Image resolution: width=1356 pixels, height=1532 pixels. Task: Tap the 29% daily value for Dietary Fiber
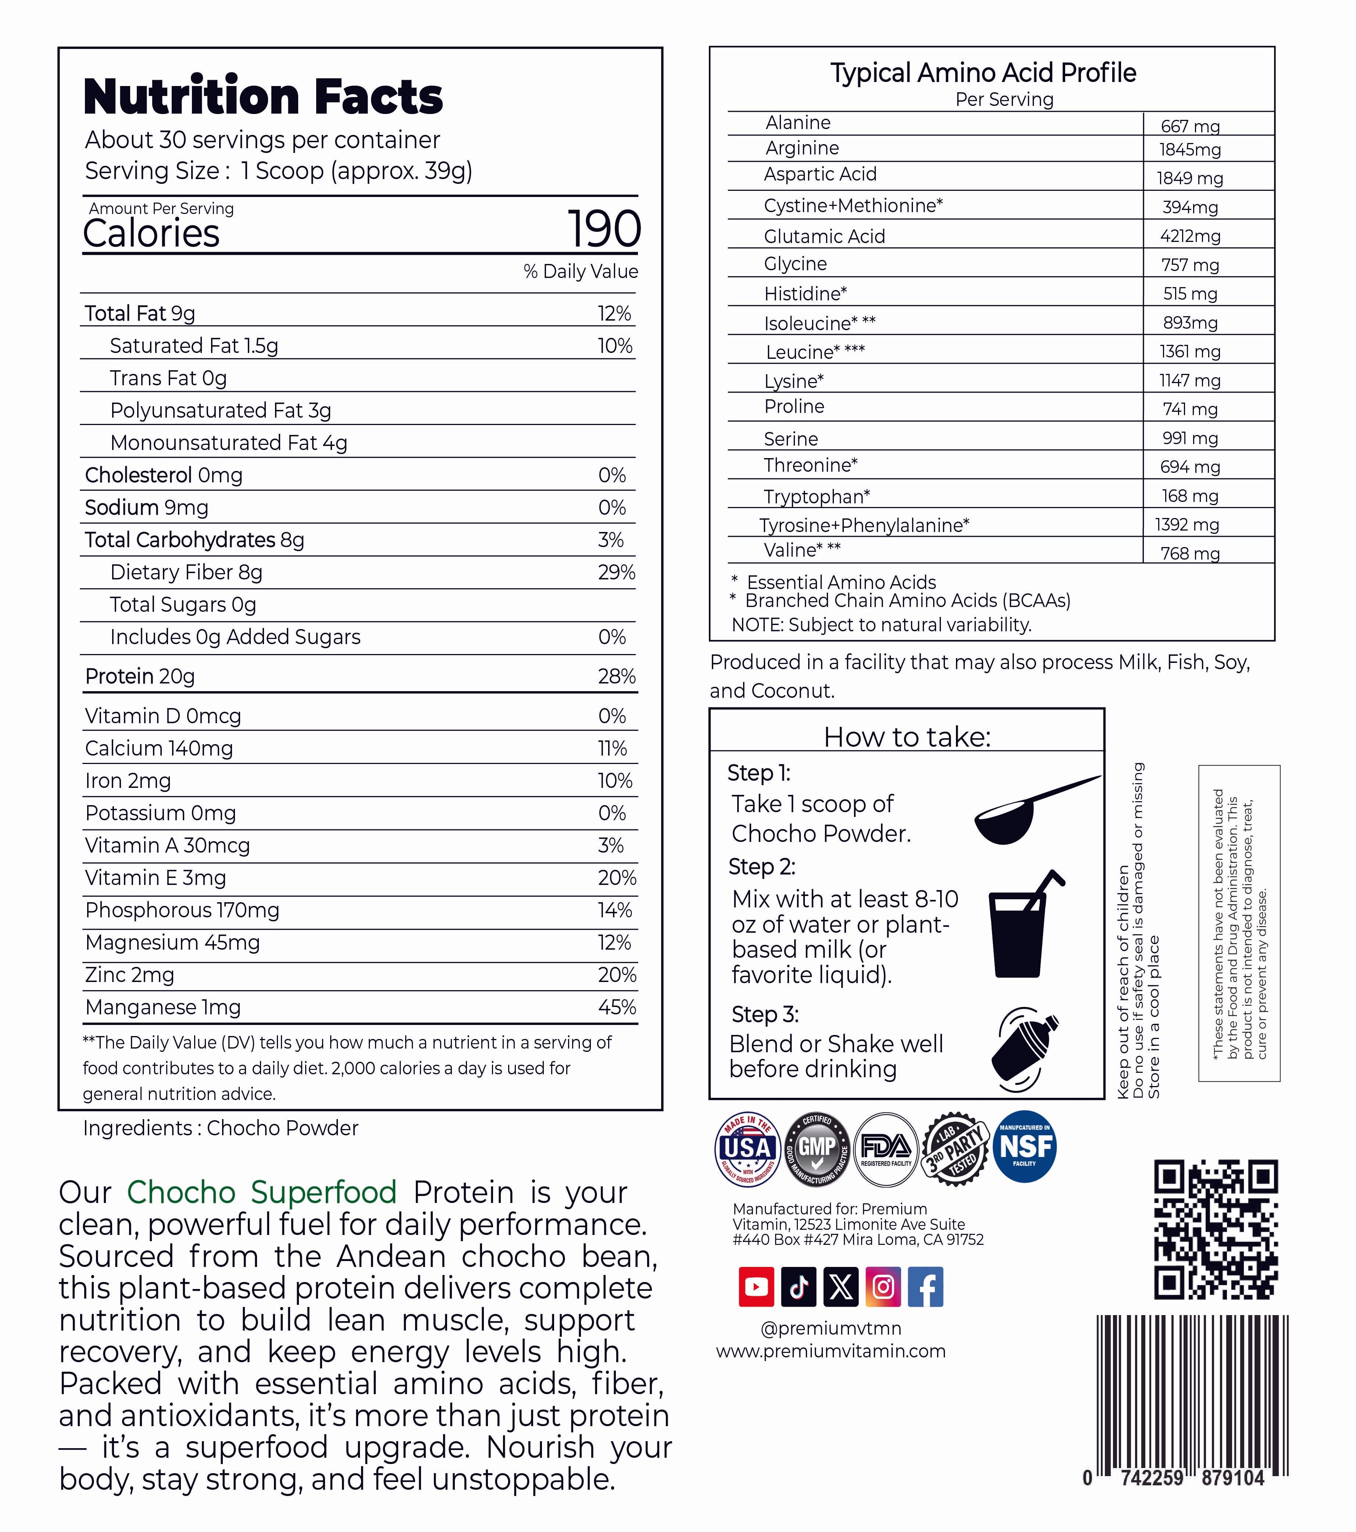pos(616,573)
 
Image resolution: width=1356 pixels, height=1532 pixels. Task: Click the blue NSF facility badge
pos(1025,1147)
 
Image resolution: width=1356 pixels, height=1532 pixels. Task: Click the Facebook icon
pos(926,1287)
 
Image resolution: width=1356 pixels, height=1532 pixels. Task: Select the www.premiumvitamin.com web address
pos(831,1351)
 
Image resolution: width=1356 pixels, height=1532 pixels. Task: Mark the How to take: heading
pos(907,737)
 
